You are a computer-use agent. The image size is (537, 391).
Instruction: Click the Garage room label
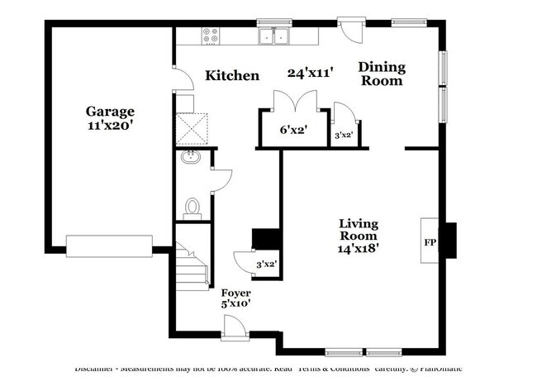(110, 111)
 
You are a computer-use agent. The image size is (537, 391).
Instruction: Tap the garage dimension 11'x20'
(110, 126)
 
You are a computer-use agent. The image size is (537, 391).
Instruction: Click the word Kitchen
(232, 75)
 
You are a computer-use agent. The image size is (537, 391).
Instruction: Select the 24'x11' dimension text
(309, 73)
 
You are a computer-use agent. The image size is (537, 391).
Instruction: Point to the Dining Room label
(381, 74)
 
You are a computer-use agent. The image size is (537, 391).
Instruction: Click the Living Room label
(359, 229)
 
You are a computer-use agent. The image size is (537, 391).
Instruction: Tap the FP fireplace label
(430, 242)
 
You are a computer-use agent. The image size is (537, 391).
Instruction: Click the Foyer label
(235, 293)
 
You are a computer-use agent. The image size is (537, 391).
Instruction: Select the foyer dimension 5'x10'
(235, 304)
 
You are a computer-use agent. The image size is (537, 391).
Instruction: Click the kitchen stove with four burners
(211, 36)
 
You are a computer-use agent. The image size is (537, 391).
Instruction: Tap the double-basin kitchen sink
(273, 36)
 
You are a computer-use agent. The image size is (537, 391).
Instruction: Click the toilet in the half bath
(193, 207)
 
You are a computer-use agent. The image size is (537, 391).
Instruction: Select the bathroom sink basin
(189, 157)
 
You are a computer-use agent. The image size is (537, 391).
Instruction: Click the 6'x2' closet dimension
(292, 130)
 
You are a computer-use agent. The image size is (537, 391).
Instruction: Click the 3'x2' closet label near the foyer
(265, 265)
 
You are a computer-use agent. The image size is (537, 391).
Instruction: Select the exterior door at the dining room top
(350, 29)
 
